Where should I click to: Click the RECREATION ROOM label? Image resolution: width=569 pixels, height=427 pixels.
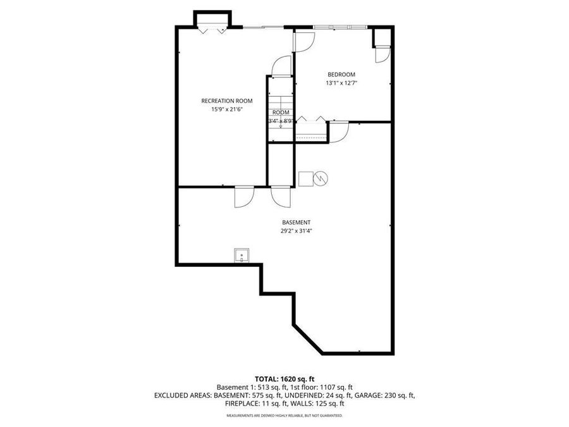(x=227, y=101)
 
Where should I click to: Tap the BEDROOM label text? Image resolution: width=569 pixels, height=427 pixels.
(x=341, y=74)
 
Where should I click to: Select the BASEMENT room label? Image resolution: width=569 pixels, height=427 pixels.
(x=296, y=222)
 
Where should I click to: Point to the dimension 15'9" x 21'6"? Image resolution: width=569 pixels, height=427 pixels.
(x=227, y=109)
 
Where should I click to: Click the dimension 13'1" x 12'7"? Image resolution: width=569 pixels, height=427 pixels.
(x=341, y=83)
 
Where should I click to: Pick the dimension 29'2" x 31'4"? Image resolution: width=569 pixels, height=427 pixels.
(x=296, y=231)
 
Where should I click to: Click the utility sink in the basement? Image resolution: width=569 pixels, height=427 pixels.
(x=242, y=255)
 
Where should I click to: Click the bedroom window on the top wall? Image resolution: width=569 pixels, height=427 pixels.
(x=339, y=27)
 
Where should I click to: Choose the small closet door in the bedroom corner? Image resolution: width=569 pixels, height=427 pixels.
(x=382, y=55)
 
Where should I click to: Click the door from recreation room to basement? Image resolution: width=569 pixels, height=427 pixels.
(x=243, y=197)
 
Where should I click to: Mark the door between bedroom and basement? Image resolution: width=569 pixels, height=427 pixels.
(x=338, y=132)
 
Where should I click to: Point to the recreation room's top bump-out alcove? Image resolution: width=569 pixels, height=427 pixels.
(x=212, y=20)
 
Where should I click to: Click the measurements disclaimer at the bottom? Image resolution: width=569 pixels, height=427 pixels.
(x=284, y=416)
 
